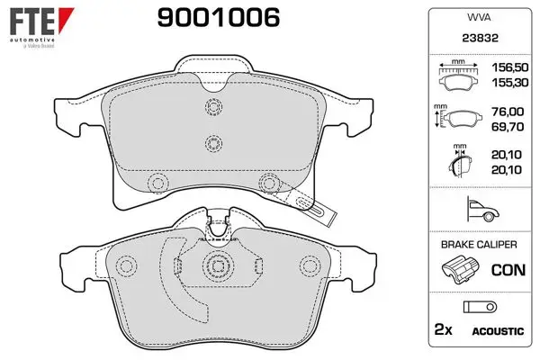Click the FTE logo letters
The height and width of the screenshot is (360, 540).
(32, 22)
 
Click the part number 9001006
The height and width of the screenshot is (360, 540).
(219, 18)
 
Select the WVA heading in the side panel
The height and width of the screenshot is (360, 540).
(479, 17)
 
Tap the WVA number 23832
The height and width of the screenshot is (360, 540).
(480, 38)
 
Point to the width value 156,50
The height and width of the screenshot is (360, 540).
(509, 67)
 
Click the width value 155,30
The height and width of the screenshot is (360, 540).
(509, 83)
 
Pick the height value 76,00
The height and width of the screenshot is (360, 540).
(508, 112)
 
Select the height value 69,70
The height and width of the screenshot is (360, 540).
(508, 127)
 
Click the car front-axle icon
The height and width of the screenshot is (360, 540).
(482, 209)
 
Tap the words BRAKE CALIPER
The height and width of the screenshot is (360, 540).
(479, 245)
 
